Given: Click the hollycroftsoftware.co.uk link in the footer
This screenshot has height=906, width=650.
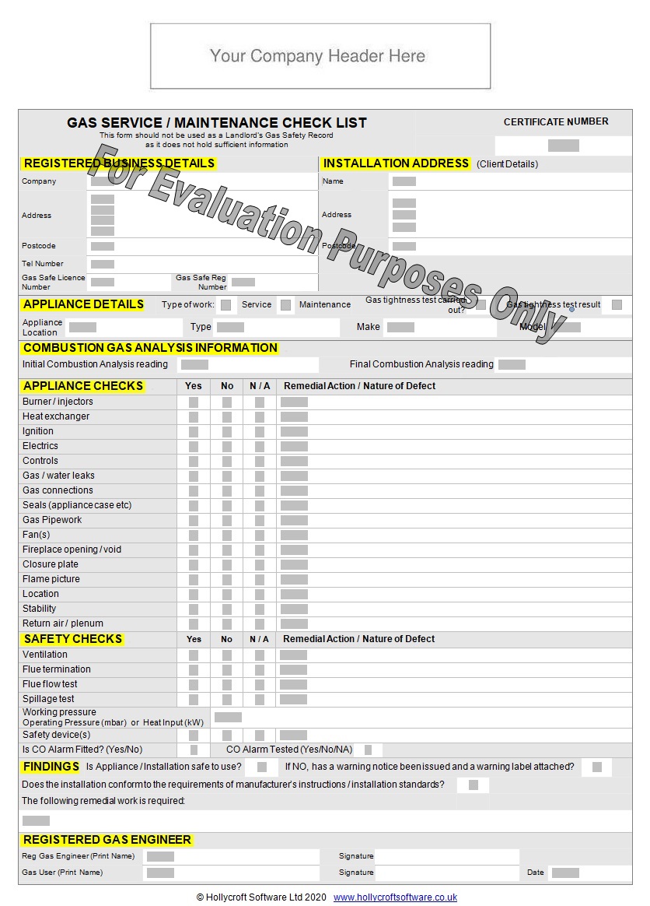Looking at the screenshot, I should point(395,897).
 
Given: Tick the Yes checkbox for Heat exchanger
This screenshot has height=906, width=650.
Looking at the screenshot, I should point(194,417).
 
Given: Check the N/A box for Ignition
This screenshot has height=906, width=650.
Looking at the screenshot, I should point(259,432).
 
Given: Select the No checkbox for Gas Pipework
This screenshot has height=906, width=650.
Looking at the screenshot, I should point(227,521).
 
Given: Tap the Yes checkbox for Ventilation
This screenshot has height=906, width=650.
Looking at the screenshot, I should point(194,655).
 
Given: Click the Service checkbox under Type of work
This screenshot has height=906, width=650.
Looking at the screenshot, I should point(225,305).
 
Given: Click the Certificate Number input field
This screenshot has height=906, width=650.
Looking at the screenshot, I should point(563,146).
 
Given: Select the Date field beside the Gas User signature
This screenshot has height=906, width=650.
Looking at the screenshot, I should point(565,873).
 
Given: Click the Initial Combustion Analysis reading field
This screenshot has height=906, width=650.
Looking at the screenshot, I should point(194,364).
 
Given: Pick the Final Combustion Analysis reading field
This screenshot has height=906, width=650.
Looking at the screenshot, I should point(512,364).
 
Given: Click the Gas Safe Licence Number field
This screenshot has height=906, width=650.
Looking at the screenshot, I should point(103,282).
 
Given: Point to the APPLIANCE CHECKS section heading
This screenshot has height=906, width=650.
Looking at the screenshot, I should point(83,386).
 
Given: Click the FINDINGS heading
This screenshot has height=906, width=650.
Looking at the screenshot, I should point(51,767).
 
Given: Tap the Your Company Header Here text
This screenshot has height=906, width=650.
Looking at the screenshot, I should point(318,56).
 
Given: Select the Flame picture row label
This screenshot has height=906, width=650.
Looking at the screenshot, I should point(51,579).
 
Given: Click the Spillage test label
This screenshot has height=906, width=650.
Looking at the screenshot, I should point(49,699).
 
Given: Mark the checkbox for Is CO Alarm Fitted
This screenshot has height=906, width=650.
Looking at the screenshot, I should point(194,750).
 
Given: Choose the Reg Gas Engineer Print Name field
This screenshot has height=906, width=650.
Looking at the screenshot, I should point(160,856).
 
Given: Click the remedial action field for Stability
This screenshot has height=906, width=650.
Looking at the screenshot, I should point(294,609).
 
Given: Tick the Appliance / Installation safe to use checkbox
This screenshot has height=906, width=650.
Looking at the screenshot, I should point(262,767).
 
